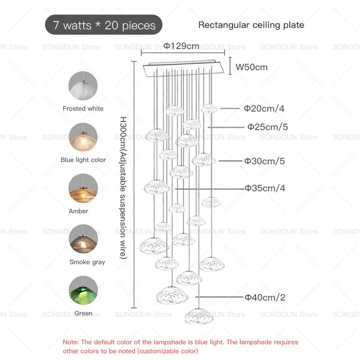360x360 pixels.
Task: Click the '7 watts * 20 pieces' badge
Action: [103, 25]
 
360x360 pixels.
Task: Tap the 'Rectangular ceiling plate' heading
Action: [251, 25]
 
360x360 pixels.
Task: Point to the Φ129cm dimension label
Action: [181, 46]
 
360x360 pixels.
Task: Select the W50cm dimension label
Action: [252, 67]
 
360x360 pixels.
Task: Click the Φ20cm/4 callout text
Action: [264, 108]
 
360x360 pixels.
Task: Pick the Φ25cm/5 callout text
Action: [267, 127]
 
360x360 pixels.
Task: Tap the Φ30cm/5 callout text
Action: [265, 161]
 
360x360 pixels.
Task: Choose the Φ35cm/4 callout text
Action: [265, 188]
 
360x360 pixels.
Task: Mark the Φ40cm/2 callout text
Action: [265, 297]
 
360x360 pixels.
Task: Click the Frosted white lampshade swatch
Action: [83, 85]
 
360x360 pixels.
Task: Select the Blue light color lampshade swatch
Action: [83, 137]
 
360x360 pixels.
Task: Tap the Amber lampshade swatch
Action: [83, 188]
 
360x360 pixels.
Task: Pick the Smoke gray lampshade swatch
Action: [83, 239]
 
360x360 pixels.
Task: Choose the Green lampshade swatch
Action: [83, 290]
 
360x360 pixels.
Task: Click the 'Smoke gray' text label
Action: [87, 262]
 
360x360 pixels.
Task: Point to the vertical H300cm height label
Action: [123, 188]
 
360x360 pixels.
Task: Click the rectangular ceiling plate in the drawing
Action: [183, 68]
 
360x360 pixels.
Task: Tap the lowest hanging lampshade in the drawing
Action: [199, 316]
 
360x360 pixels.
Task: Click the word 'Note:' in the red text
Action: [71, 342]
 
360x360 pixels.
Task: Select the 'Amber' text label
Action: [78, 211]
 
